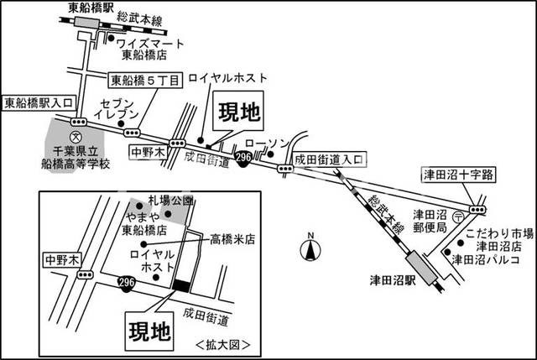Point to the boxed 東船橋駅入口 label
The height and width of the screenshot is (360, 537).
tap(38, 104)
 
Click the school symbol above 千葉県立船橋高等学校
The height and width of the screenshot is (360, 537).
tap(76, 135)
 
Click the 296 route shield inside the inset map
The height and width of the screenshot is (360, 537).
tap(127, 280)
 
